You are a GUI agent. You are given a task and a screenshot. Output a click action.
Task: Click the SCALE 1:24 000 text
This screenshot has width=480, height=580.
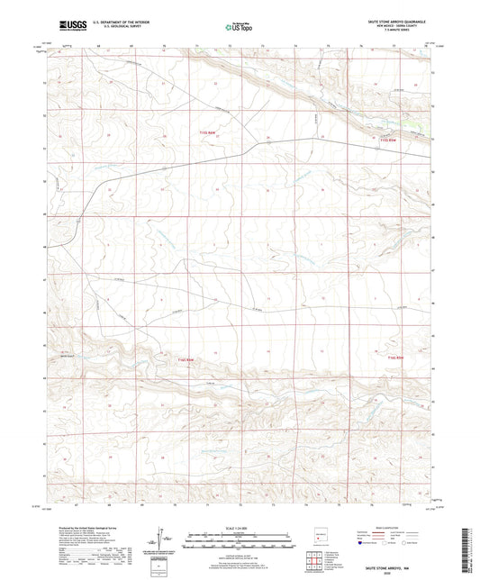pos(239,527)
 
